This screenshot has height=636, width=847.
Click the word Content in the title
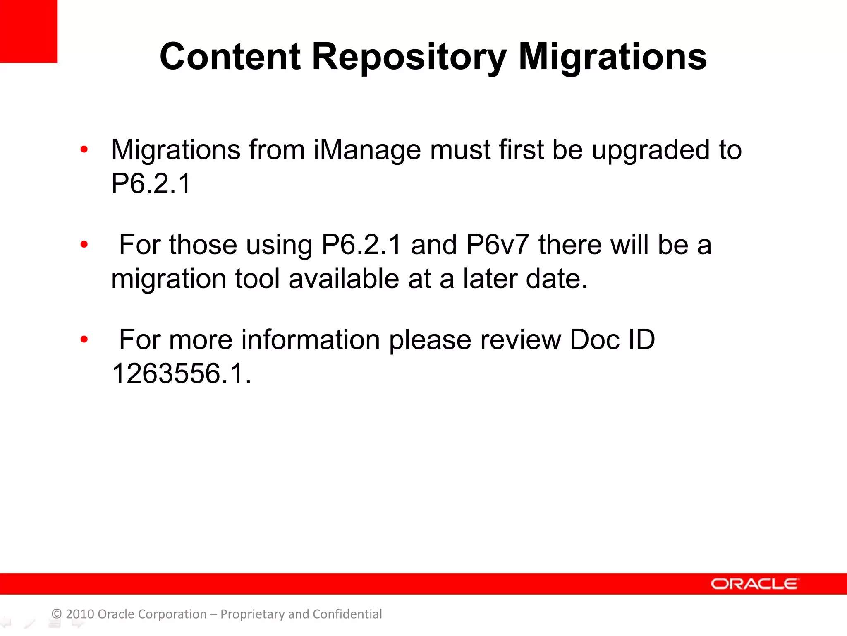pyautogui.click(x=230, y=57)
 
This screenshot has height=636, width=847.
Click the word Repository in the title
pyautogui.click(x=409, y=58)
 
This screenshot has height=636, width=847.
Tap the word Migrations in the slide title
pyautogui.click(x=613, y=58)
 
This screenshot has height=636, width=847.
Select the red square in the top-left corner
pyautogui.click(x=28, y=31)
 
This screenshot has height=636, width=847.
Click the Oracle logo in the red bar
pyautogui.click(x=754, y=584)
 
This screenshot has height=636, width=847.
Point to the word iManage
pyautogui.click(x=367, y=150)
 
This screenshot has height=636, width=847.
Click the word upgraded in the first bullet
pyautogui.click(x=651, y=150)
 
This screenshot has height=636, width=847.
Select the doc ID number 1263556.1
pyautogui.click(x=181, y=373)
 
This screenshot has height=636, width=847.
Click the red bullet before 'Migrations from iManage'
pyautogui.click(x=84, y=149)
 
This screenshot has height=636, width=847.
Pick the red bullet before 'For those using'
pyautogui.click(x=84, y=245)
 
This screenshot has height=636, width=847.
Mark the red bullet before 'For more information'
pyautogui.click(x=84, y=340)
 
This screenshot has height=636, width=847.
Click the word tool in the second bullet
pyautogui.click(x=258, y=279)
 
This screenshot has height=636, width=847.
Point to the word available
pyautogui.click(x=344, y=279)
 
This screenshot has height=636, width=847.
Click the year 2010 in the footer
pyautogui.click(x=80, y=614)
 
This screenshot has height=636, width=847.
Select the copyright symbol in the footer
pyautogui.click(x=57, y=614)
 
